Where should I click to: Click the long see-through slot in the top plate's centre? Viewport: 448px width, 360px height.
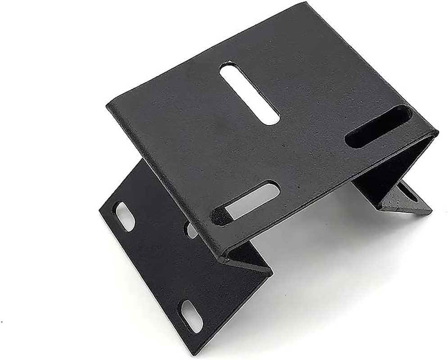[x=249, y=93]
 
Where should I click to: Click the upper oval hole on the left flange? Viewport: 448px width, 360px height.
[x=125, y=216]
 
